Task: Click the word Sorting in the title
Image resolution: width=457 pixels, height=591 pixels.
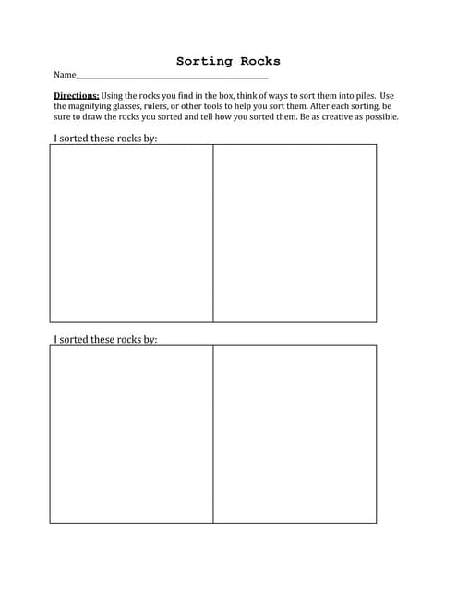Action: point(205,62)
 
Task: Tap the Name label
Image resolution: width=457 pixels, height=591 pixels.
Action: point(64,75)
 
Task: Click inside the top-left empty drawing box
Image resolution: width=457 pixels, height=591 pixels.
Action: point(131,233)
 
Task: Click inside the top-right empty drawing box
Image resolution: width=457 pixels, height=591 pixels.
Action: point(295,233)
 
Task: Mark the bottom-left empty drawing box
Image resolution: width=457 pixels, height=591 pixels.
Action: point(131,434)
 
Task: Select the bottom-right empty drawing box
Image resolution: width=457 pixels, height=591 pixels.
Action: point(295,434)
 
